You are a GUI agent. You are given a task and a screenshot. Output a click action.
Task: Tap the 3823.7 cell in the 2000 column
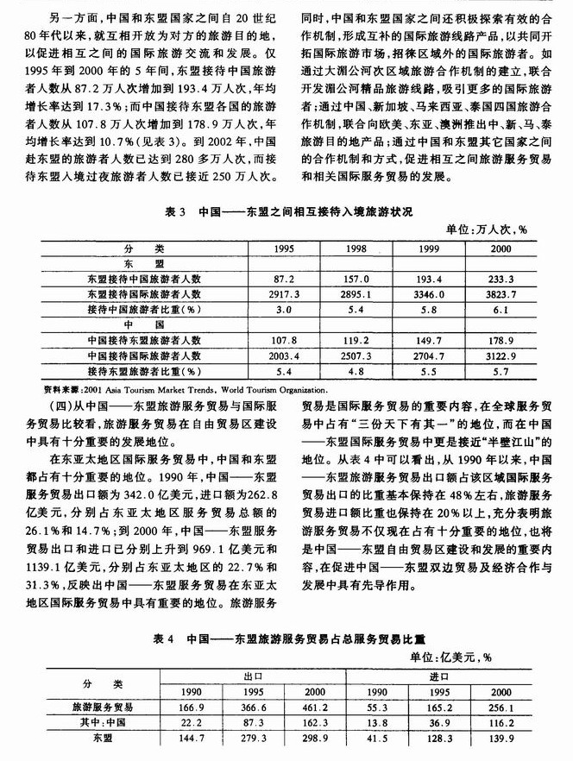[x=501, y=293]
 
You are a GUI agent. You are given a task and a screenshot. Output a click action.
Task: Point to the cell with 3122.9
[x=501, y=354]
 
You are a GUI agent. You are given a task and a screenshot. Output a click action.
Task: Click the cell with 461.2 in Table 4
[x=316, y=706]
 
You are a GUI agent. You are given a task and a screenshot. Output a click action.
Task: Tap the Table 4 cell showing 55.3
[x=378, y=706]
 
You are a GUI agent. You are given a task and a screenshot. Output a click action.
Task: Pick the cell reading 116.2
[x=501, y=723]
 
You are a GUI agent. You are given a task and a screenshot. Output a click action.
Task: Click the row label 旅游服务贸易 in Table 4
[x=97, y=706]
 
